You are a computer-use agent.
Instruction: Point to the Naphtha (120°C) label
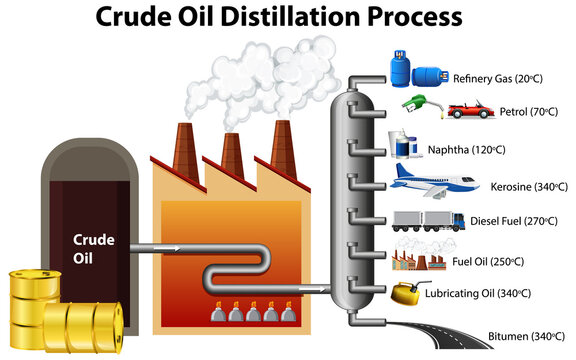466,149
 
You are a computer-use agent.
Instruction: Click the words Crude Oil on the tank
95,247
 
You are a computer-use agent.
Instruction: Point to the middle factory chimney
232,152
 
